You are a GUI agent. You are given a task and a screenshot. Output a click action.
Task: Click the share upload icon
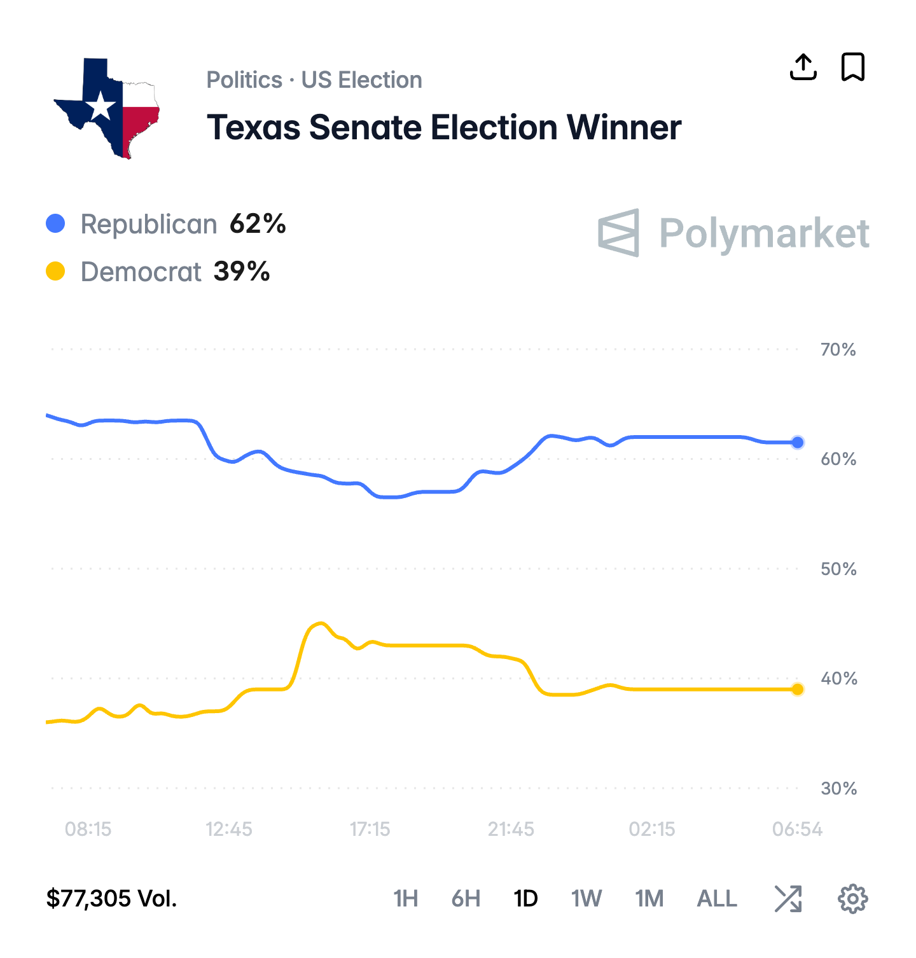[x=803, y=67]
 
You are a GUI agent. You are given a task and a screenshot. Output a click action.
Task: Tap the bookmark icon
[x=852, y=67]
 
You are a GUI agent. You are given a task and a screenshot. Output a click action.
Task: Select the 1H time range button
[x=405, y=898]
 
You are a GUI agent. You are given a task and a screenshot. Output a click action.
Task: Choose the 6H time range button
[x=466, y=898]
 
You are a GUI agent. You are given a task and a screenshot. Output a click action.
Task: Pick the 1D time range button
[x=525, y=898]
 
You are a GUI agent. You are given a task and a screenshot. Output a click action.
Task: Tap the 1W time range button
[x=586, y=898]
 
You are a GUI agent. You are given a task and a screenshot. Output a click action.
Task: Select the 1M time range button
[x=649, y=898]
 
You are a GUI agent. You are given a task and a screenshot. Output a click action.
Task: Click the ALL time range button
[x=717, y=898]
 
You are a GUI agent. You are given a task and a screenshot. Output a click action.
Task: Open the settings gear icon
[x=852, y=898]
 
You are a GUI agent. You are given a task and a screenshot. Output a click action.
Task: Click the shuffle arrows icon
[x=788, y=898]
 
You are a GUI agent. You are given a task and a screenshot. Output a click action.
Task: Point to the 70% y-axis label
[x=838, y=349]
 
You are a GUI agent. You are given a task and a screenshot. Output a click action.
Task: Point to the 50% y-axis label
[x=838, y=569]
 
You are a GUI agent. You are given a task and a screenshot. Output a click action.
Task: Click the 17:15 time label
[x=370, y=829]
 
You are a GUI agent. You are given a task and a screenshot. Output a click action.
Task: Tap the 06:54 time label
[x=797, y=829]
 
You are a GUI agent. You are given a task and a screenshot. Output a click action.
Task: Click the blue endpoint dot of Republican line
[x=798, y=442]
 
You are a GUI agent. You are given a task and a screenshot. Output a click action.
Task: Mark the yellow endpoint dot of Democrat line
[x=798, y=689]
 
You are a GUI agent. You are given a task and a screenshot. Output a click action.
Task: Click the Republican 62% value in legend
[x=258, y=224]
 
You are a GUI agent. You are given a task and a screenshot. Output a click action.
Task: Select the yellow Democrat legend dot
[x=55, y=272]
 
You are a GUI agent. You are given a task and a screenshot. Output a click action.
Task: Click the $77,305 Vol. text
[x=111, y=898]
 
